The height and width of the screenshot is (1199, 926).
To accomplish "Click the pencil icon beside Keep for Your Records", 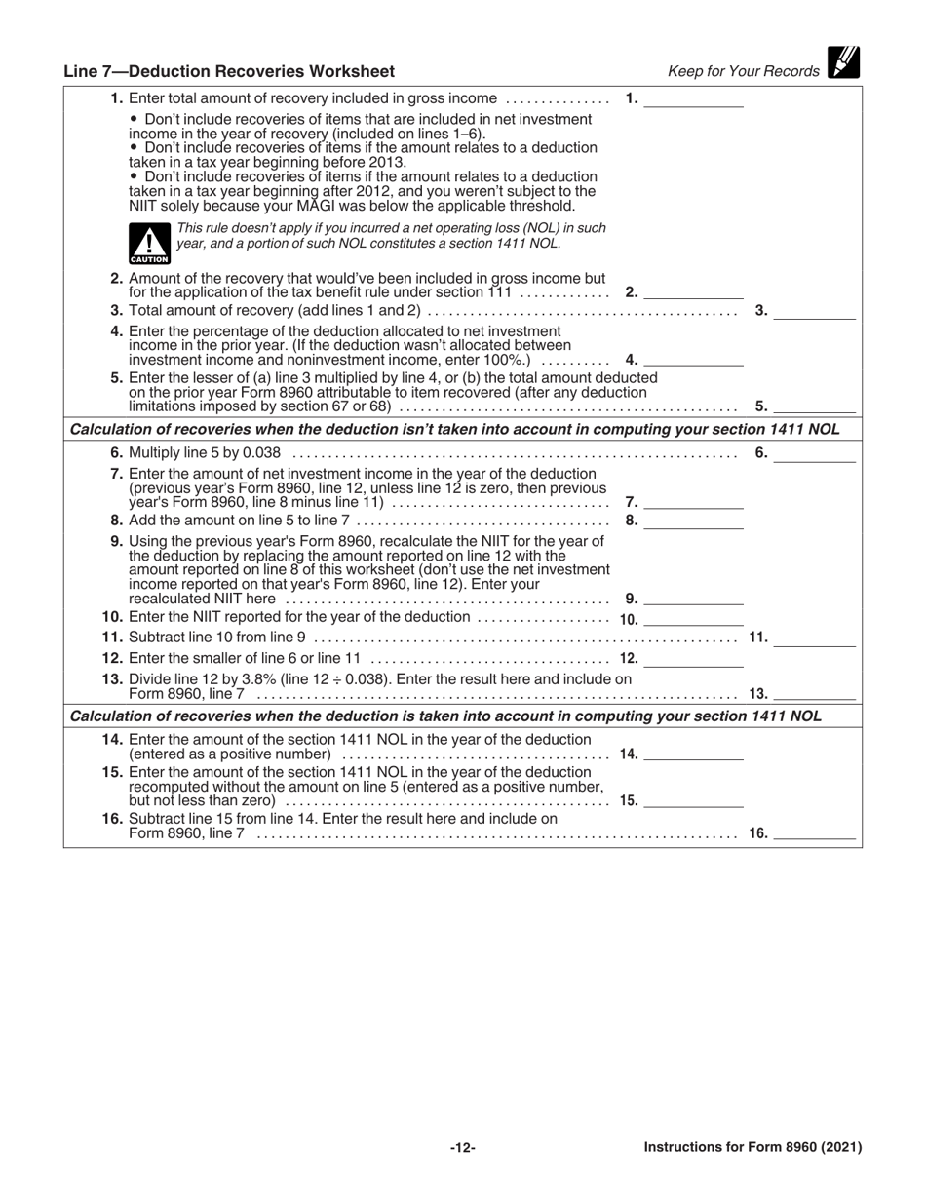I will point(843,62).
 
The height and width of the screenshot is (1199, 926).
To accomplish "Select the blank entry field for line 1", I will point(694,99).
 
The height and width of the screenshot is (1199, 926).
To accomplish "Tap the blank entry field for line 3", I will point(815,312).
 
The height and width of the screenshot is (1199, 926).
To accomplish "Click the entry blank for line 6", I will point(815,453).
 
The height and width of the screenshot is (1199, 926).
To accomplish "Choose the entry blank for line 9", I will point(694,599).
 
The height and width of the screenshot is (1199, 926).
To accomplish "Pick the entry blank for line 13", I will point(815,695).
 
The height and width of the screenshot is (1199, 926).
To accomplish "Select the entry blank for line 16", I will point(815,834).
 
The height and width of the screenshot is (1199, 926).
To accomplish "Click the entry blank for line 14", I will point(694,754).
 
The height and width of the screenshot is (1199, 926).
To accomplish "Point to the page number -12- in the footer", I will point(463,1148).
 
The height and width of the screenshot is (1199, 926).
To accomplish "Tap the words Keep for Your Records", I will point(744,71).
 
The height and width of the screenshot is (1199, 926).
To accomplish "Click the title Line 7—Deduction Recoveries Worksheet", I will point(229,71).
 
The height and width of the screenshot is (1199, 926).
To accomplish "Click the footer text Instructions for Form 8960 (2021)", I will point(752,1147).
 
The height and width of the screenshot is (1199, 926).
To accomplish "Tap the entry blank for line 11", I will point(815,638).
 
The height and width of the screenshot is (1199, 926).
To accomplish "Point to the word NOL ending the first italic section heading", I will point(822,429).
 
